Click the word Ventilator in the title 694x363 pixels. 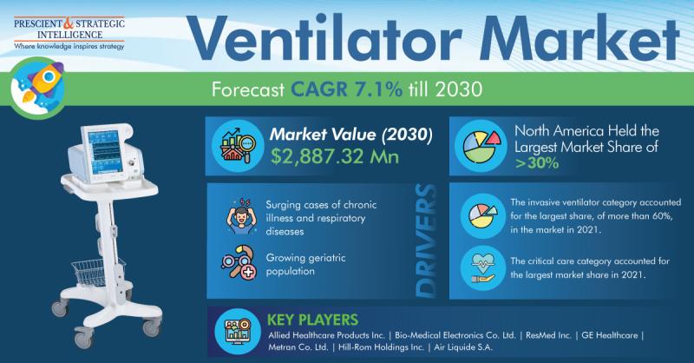coord(324,38)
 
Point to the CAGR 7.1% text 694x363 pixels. coord(346,89)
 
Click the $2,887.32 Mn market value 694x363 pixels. coord(335,156)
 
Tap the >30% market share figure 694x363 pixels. coord(537,163)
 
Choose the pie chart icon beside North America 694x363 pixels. coord(481,146)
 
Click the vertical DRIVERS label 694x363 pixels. coord(426,241)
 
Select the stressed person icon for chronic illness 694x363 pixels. coord(242,216)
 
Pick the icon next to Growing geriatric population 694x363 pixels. coord(239,262)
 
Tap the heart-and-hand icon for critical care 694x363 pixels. coord(483,268)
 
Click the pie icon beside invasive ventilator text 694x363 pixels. coord(483,216)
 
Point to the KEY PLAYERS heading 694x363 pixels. coord(312,320)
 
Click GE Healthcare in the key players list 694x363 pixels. coord(610,335)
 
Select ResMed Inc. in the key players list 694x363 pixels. coord(548,335)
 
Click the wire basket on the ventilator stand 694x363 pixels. coord(98,272)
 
